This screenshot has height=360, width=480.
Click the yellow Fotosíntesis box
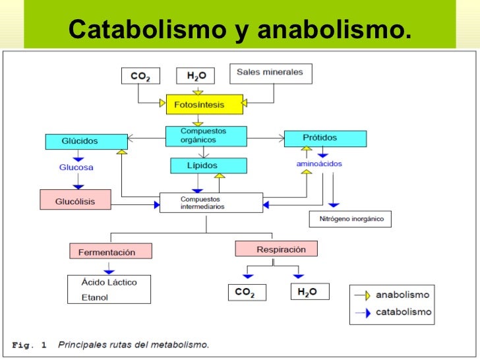(199, 105)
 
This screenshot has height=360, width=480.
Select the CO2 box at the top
(140, 76)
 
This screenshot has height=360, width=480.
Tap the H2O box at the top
(196, 76)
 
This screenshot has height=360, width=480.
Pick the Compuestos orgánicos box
(204, 135)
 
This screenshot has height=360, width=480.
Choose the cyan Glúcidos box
(86, 141)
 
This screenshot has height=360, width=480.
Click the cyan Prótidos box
(324, 138)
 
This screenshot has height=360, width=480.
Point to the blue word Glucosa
(76, 167)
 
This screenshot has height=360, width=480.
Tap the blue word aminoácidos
(319, 164)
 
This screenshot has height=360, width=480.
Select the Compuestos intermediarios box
(211, 202)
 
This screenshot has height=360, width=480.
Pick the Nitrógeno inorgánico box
(350, 219)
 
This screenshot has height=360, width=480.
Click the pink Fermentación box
(110, 251)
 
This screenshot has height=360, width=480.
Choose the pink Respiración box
(276, 249)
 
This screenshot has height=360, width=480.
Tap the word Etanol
(95, 297)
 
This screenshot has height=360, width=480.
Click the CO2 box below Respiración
(245, 292)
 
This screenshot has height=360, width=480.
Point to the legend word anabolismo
(402, 295)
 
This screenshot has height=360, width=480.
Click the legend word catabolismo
(404, 312)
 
